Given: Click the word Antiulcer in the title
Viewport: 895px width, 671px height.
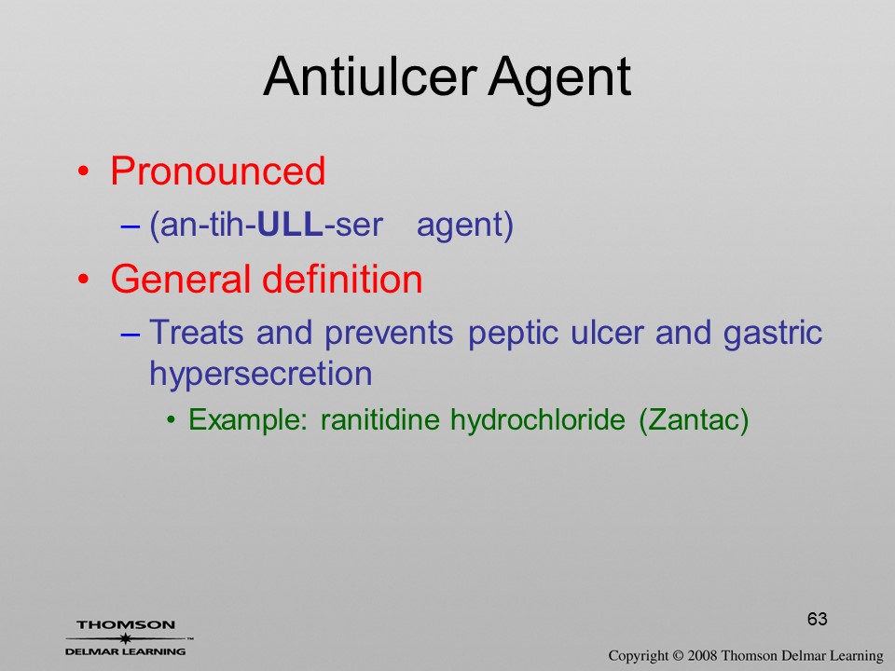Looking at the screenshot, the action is [370, 77].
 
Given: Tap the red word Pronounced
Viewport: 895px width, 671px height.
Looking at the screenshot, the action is [217, 171].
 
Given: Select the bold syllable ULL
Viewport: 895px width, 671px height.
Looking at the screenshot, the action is [291, 225].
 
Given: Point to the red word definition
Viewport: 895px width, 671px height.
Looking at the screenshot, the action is [342, 279].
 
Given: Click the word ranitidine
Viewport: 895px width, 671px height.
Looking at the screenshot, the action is [380, 420].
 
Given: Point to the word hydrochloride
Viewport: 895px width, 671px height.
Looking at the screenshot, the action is [538, 421].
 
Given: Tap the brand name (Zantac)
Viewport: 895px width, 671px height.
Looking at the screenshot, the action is [694, 421].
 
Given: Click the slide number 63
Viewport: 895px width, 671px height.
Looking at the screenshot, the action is [818, 619].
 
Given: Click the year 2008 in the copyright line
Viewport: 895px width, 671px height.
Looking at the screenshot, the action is [703, 655].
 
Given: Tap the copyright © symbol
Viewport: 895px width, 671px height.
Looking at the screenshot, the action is [678, 655].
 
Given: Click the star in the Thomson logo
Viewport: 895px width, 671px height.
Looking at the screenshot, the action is [126, 637].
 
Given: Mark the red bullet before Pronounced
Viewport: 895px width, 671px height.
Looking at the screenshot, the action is [84, 171].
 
